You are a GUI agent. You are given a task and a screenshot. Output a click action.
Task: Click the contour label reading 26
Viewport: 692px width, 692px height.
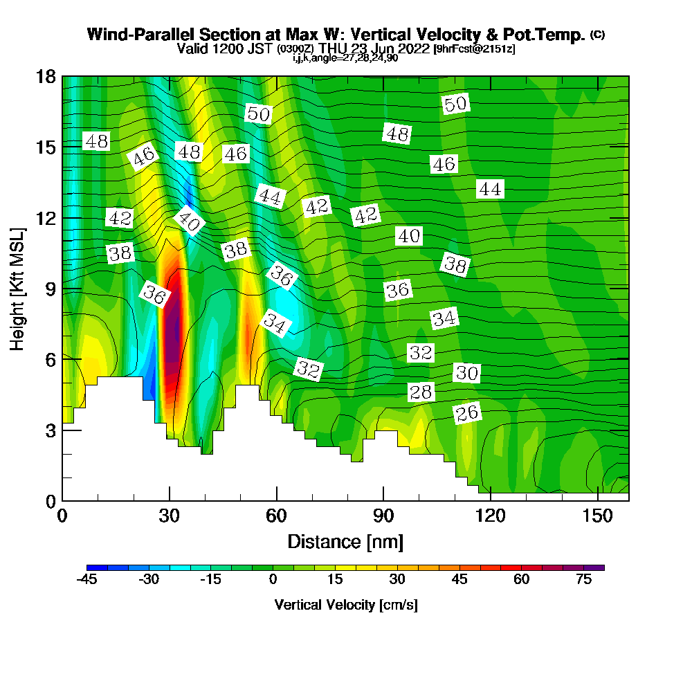tap(467, 413)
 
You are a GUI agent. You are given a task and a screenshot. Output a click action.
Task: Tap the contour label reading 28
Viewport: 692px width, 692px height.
tap(421, 392)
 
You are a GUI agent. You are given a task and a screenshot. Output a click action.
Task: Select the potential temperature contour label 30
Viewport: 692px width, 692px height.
tap(467, 373)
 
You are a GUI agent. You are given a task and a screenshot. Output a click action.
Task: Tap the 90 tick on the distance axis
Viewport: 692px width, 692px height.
tap(383, 516)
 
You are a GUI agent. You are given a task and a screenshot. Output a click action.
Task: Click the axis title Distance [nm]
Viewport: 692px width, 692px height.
tap(345, 541)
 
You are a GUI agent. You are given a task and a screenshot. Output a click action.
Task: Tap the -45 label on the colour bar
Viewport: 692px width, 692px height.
tap(87, 579)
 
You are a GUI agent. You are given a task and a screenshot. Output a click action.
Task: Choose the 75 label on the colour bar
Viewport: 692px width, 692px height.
tap(583, 579)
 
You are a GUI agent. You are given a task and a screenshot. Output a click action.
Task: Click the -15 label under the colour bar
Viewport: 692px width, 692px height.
tap(211, 579)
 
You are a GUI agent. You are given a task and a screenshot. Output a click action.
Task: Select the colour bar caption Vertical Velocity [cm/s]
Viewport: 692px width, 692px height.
tap(345, 605)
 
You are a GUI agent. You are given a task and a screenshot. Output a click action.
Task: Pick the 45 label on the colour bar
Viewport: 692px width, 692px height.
tap(459, 579)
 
